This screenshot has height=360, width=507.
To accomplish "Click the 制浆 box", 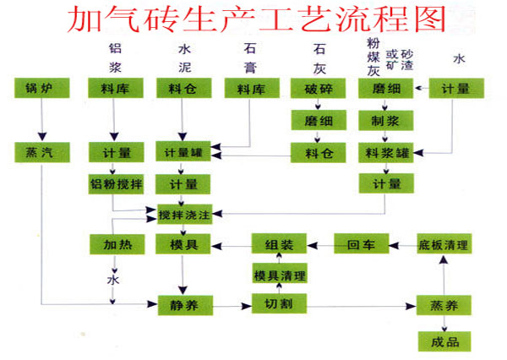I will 384,120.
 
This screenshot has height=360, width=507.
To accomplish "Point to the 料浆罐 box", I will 384,152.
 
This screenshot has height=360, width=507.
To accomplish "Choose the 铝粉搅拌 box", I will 116,184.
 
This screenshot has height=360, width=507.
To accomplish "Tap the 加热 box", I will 116,245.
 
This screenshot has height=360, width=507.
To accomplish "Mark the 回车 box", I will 360,245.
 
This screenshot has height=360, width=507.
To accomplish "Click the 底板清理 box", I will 443,245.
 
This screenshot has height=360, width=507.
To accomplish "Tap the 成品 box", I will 443,341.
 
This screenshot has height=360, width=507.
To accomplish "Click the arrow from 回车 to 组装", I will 319,245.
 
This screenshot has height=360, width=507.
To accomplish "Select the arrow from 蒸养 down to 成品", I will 443,322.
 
